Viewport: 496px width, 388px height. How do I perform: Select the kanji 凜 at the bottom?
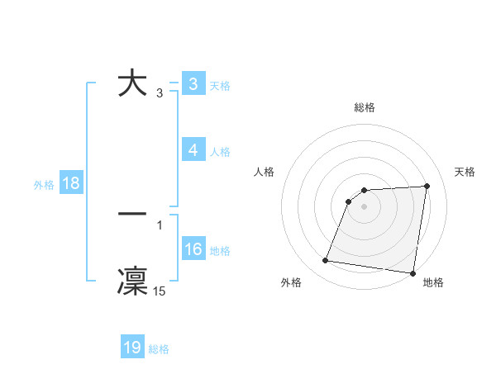click(x=133, y=279)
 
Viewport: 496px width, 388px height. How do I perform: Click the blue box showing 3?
click(x=193, y=84)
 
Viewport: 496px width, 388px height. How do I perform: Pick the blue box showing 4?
click(x=193, y=150)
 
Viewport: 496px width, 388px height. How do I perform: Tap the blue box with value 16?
click(x=193, y=249)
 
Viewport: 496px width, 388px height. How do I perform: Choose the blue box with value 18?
click(x=70, y=183)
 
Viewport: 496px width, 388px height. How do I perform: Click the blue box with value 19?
click(x=132, y=348)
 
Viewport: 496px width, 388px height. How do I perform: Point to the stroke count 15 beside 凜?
click(x=160, y=291)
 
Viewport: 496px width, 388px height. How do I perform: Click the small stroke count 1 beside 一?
click(x=160, y=225)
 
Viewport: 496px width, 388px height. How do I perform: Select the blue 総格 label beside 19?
click(x=159, y=349)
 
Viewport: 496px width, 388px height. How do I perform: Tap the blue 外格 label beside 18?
click(x=44, y=185)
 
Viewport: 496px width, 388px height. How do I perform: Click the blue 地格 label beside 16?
click(x=220, y=251)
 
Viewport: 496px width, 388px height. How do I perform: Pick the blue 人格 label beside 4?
click(x=220, y=152)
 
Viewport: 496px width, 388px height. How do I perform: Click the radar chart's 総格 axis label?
click(x=365, y=107)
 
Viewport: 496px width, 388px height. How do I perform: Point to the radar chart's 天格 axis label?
click(x=465, y=172)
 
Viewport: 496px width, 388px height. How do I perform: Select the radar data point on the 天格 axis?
click(x=427, y=186)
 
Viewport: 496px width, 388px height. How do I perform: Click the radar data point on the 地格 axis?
click(x=412, y=273)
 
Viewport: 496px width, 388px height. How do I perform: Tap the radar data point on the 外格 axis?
click(x=326, y=261)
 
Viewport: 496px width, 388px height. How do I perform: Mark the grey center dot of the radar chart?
click(x=365, y=206)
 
